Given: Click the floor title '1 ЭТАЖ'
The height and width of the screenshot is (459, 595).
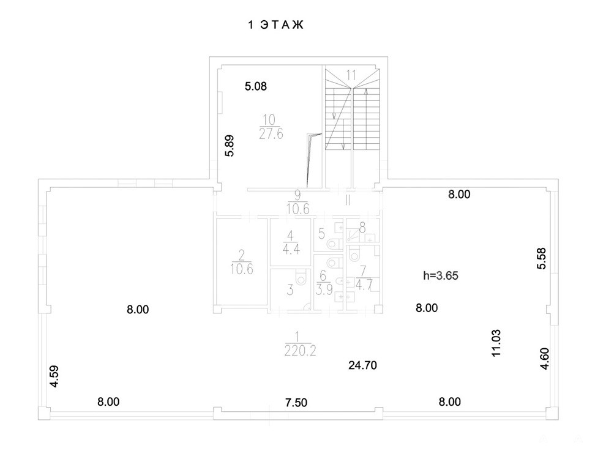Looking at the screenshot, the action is pyautogui.click(x=276, y=25).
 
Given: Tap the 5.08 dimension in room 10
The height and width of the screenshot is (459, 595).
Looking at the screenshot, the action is pyautogui.click(x=256, y=86).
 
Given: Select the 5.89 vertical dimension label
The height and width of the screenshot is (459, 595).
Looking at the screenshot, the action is pyautogui.click(x=230, y=146).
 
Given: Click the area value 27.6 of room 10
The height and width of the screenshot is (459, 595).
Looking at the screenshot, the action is pyautogui.click(x=271, y=134).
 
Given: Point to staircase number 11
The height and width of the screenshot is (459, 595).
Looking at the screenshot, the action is pyautogui.click(x=351, y=75).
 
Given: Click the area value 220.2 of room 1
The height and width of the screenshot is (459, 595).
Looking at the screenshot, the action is pyautogui.click(x=300, y=351).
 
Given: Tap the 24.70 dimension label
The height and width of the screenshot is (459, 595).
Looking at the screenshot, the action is pyautogui.click(x=363, y=365).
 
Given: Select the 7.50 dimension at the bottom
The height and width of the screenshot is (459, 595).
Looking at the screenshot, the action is pyautogui.click(x=296, y=403).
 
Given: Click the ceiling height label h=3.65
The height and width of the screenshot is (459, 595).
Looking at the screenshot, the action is pyautogui.click(x=441, y=275).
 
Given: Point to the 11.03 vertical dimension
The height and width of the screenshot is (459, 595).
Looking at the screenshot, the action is pyautogui.click(x=496, y=343).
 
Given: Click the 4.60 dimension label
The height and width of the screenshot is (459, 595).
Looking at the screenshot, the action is pyautogui.click(x=545, y=359).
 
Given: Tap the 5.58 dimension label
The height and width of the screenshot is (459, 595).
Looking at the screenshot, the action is pyautogui.click(x=542, y=259).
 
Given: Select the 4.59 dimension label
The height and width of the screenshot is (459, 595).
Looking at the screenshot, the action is pyautogui.click(x=54, y=376).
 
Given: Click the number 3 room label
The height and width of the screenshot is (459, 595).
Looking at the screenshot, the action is pyautogui.click(x=290, y=291).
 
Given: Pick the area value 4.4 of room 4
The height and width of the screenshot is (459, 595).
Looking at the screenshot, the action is pyautogui.click(x=291, y=249).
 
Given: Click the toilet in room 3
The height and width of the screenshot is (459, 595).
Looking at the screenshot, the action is pyautogui.click(x=301, y=278).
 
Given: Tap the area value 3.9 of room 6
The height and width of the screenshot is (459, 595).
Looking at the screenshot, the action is pyautogui.click(x=324, y=290).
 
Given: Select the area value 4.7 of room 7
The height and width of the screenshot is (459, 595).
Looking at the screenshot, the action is pyautogui.click(x=364, y=285).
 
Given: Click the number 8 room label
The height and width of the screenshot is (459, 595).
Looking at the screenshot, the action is pyautogui.click(x=362, y=228).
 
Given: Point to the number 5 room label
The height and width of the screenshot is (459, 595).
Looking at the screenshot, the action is pyautogui.click(x=321, y=234).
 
